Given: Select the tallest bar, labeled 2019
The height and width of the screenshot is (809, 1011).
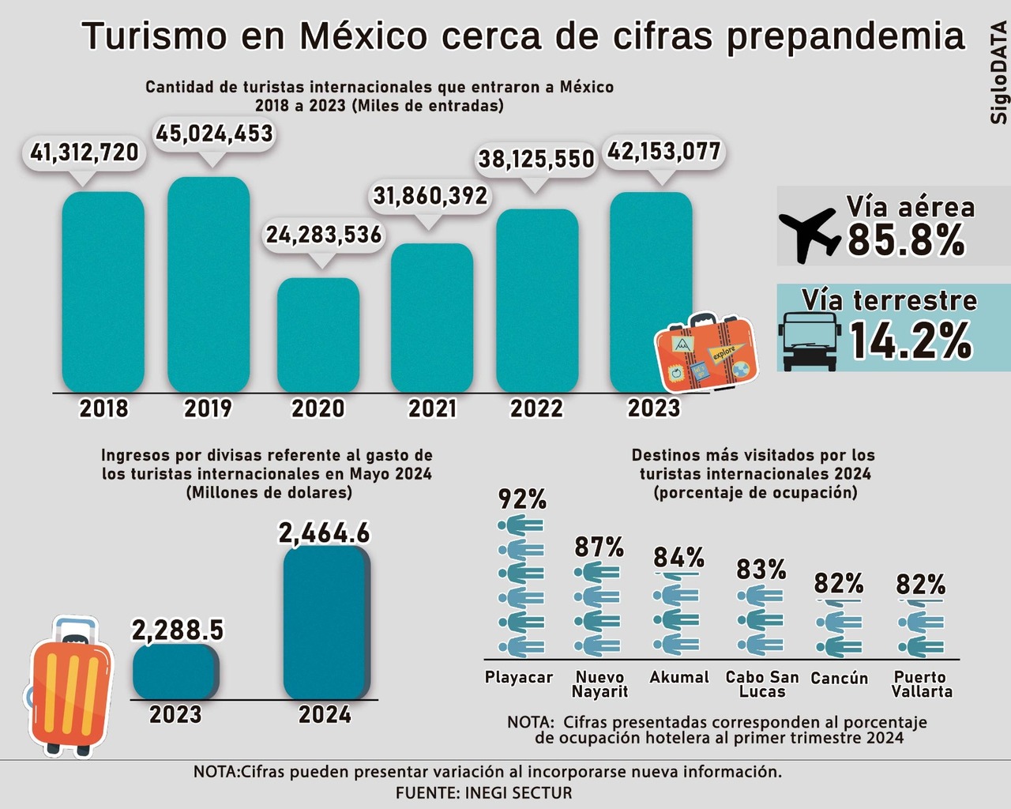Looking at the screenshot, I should pos(209,284).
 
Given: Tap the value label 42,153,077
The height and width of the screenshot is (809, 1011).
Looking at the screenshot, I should pos(664,151).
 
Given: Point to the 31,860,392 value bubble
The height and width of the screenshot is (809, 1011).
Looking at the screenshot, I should pos(430,195).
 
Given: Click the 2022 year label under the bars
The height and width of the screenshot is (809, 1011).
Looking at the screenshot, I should pos(536,408).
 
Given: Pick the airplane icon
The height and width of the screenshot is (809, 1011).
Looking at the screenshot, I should pos(808,233).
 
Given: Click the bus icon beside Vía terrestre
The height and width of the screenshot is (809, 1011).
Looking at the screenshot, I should pos(808,341).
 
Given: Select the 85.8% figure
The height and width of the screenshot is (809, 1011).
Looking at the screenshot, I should pos(906,239).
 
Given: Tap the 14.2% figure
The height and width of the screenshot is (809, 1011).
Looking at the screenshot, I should pos(911,341).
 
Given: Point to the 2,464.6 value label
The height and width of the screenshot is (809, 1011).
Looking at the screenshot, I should pos(324,533).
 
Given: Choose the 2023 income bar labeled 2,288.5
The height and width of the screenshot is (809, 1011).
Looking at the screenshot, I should pos(175,672).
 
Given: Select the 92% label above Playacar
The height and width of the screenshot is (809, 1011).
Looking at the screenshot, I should pos(522,499).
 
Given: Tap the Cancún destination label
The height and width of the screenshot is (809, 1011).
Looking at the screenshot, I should pos(839,678).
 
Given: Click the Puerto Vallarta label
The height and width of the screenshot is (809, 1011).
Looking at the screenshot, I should pos(921,684).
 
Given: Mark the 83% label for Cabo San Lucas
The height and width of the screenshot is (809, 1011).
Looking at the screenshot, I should pos(761,569).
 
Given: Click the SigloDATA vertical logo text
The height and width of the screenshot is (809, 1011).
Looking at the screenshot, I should pos(998,73).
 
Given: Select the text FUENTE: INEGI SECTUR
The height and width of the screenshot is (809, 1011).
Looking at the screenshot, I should pos(484,792).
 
